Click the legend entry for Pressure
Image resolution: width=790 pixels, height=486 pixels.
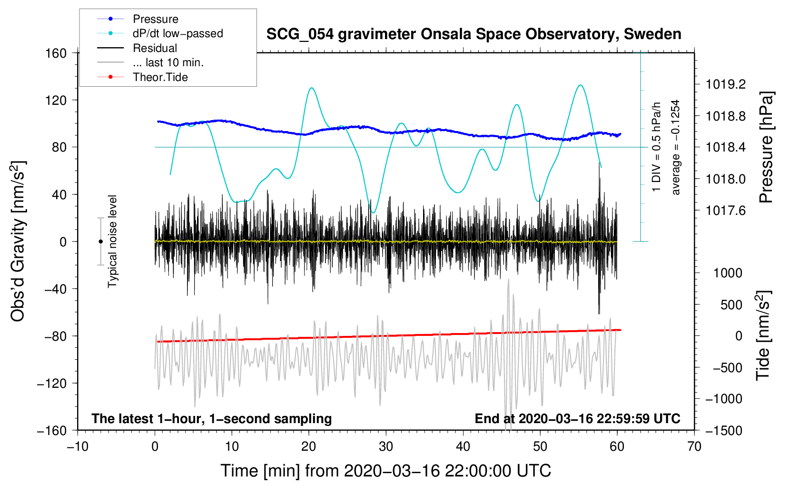(138, 19)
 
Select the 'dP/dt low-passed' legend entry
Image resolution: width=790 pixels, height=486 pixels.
(160, 33)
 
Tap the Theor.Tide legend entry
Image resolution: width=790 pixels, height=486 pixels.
(142, 77)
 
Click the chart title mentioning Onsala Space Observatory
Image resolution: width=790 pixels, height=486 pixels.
(474, 34)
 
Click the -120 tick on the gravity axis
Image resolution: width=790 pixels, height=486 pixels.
(52, 383)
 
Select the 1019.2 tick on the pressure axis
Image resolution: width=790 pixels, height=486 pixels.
(726, 84)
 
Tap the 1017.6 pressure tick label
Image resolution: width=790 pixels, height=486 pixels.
(726, 211)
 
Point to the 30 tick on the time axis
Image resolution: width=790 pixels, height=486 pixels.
(386, 446)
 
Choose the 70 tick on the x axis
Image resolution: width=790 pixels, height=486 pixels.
(694, 446)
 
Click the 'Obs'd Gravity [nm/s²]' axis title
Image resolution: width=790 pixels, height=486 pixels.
(18, 241)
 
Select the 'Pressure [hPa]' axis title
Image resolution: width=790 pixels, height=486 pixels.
(766, 147)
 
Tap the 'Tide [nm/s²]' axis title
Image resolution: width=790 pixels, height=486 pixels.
(763, 335)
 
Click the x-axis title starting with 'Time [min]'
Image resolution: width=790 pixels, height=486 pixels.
(386, 471)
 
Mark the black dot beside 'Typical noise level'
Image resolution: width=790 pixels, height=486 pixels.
(100, 242)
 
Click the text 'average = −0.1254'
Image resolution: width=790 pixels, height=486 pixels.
(675, 147)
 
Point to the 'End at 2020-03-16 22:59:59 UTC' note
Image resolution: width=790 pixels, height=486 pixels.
(577, 418)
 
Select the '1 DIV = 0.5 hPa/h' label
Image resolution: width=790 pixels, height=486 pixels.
(656, 147)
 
